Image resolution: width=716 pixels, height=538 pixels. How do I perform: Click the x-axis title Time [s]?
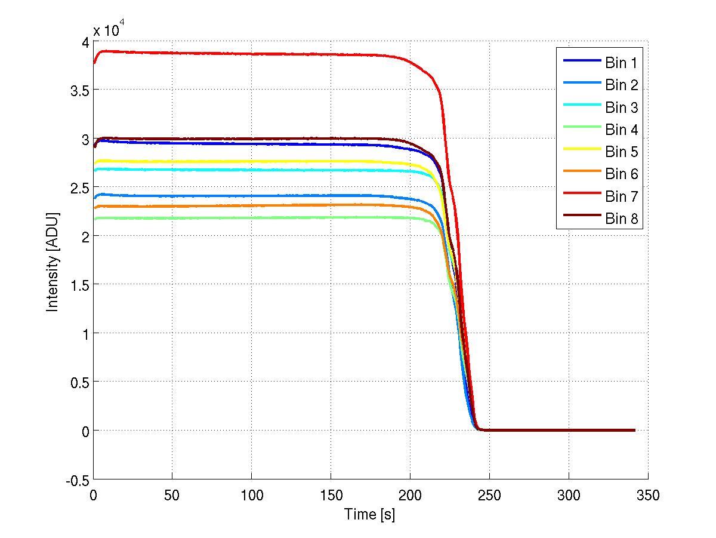(369, 514)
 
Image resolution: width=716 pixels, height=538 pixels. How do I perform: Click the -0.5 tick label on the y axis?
(76, 479)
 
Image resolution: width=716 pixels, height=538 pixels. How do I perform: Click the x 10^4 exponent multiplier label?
(109, 29)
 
